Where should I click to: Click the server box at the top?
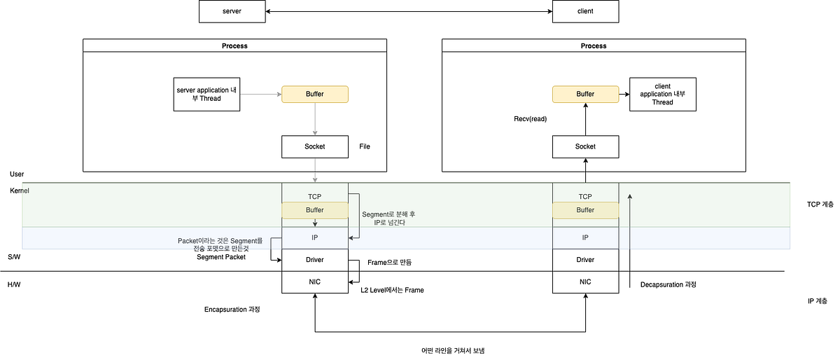(x=232, y=11)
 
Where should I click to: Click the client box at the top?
(x=585, y=11)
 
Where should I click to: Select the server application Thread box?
(x=206, y=94)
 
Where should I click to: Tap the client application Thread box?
(x=662, y=94)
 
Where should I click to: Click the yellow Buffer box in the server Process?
(x=315, y=94)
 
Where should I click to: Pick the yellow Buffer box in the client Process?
(x=585, y=94)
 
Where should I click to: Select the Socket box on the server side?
(x=315, y=146)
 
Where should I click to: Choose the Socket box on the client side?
(x=585, y=146)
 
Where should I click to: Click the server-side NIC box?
(x=315, y=282)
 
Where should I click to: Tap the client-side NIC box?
(x=585, y=282)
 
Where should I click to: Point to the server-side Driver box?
(x=315, y=260)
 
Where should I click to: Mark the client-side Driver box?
(x=585, y=260)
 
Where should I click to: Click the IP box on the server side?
(x=315, y=237)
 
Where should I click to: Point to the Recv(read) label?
(x=530, y=119)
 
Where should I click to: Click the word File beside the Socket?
(x=364, y=146)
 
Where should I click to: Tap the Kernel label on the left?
(x=20, y=191)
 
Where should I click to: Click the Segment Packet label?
(x=220, y=257)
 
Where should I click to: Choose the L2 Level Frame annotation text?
(x=392, y=290)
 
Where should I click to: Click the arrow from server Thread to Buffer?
(x=260, y=94)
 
